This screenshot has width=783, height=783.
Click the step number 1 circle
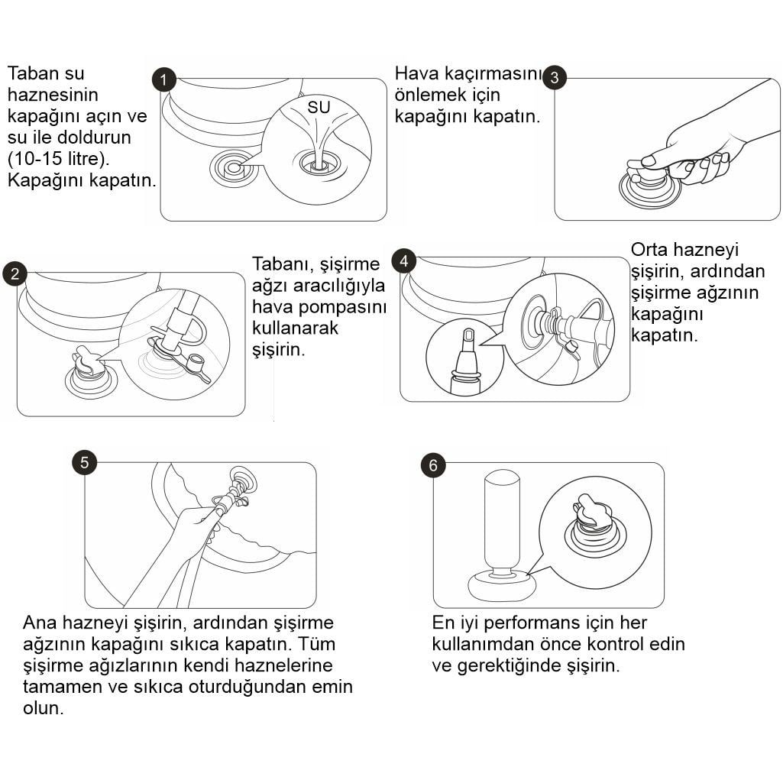pos(163,80)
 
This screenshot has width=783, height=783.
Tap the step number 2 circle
pos(15,273)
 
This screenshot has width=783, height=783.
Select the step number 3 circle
pos(555,77)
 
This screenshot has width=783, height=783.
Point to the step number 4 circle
pos(404,261)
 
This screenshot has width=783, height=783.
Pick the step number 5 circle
pos(84,462)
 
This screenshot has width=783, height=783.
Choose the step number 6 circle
pos(433,465)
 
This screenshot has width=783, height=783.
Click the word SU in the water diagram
pos(319,107)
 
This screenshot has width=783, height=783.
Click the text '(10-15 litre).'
pos(58,159)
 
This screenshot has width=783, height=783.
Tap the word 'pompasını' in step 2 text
pos(342,307)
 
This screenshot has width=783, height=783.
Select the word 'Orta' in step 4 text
pos(649,250)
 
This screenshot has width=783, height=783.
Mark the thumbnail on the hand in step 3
pos(649,160)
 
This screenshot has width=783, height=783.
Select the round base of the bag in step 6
pos(502,586)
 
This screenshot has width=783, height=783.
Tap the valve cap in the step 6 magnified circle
pos(593,510)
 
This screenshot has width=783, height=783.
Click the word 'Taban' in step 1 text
pos(33,73)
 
